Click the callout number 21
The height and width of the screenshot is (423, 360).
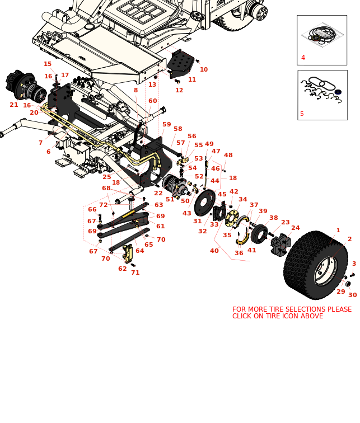pos(14,105)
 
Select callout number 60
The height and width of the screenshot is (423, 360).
pos(152,101)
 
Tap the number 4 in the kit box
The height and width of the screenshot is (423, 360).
pos(303,58)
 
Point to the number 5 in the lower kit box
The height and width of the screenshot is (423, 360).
pos(302,114)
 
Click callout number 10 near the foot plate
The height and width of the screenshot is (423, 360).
pos(204,69)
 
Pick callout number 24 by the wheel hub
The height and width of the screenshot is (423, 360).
pos(295,228)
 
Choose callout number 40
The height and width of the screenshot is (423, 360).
pos(214,251)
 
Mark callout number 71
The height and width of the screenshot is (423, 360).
pos(135,272)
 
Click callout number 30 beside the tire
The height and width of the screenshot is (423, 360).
pos(352,295)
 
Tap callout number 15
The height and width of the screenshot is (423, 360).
pos(48,64)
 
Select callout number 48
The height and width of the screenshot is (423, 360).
pos(228,155)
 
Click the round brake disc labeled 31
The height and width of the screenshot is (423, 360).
pos(205,202)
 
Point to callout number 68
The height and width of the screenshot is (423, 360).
pos(106,189)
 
